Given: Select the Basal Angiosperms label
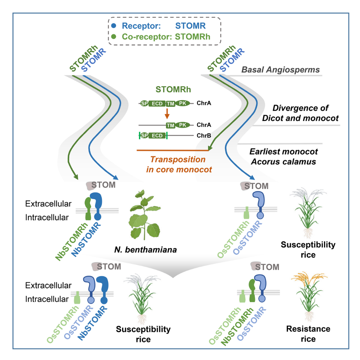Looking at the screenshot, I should tap(281, 70).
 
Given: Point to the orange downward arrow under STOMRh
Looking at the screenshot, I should tap(167, 113).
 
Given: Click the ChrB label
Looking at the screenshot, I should tap(203, 135).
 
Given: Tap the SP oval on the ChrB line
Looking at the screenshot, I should tap(144, 135).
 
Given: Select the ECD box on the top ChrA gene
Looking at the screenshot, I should tap(157, 103).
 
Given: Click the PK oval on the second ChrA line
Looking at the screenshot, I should tap(182, 125).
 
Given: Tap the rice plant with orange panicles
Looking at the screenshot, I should tap(308, 295).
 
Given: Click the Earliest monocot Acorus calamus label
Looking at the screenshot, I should tap(284, 156).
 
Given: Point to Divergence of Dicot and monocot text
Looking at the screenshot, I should tap(300, 113).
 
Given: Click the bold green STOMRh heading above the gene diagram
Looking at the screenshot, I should tap(173, 89).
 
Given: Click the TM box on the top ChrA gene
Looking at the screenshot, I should tap(170, 103).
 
